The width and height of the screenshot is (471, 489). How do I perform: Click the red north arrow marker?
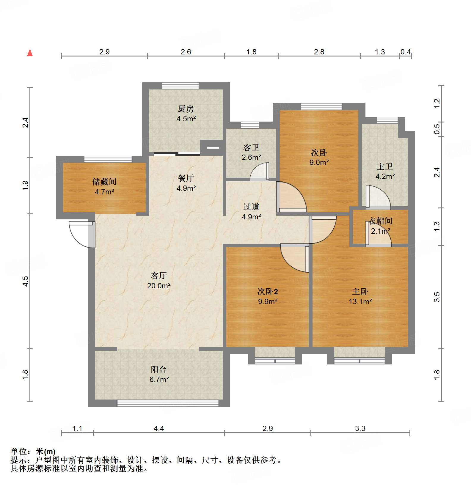[30, 53]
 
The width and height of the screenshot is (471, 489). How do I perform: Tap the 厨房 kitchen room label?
[186, 109]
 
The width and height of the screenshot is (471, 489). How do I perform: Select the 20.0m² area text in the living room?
[158, 286]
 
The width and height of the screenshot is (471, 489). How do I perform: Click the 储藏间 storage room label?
[104, 182]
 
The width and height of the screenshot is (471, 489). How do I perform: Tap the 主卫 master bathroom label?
[385, 166]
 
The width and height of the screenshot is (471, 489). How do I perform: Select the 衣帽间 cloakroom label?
[380, 221]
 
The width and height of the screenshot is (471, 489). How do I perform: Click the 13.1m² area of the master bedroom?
[360, 301]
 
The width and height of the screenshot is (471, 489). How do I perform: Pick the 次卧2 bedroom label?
[268, 291]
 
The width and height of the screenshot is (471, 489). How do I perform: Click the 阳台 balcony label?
[158, 369]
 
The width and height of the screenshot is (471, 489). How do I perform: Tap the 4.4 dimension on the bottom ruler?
[158, 428]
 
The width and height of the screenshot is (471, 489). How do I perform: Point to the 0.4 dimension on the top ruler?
[405, 52]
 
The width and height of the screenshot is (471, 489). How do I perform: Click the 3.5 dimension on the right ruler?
[437, 297]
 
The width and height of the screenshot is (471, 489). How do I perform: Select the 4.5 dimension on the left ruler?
[26, 281]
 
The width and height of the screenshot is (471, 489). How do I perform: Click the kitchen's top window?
[180, 86]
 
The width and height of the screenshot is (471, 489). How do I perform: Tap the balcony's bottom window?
[168, 403]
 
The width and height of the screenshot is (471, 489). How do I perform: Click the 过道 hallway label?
[251, 207]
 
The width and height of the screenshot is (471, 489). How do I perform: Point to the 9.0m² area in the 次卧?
[319, 162]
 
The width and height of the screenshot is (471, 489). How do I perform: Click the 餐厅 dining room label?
[186, 178]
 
